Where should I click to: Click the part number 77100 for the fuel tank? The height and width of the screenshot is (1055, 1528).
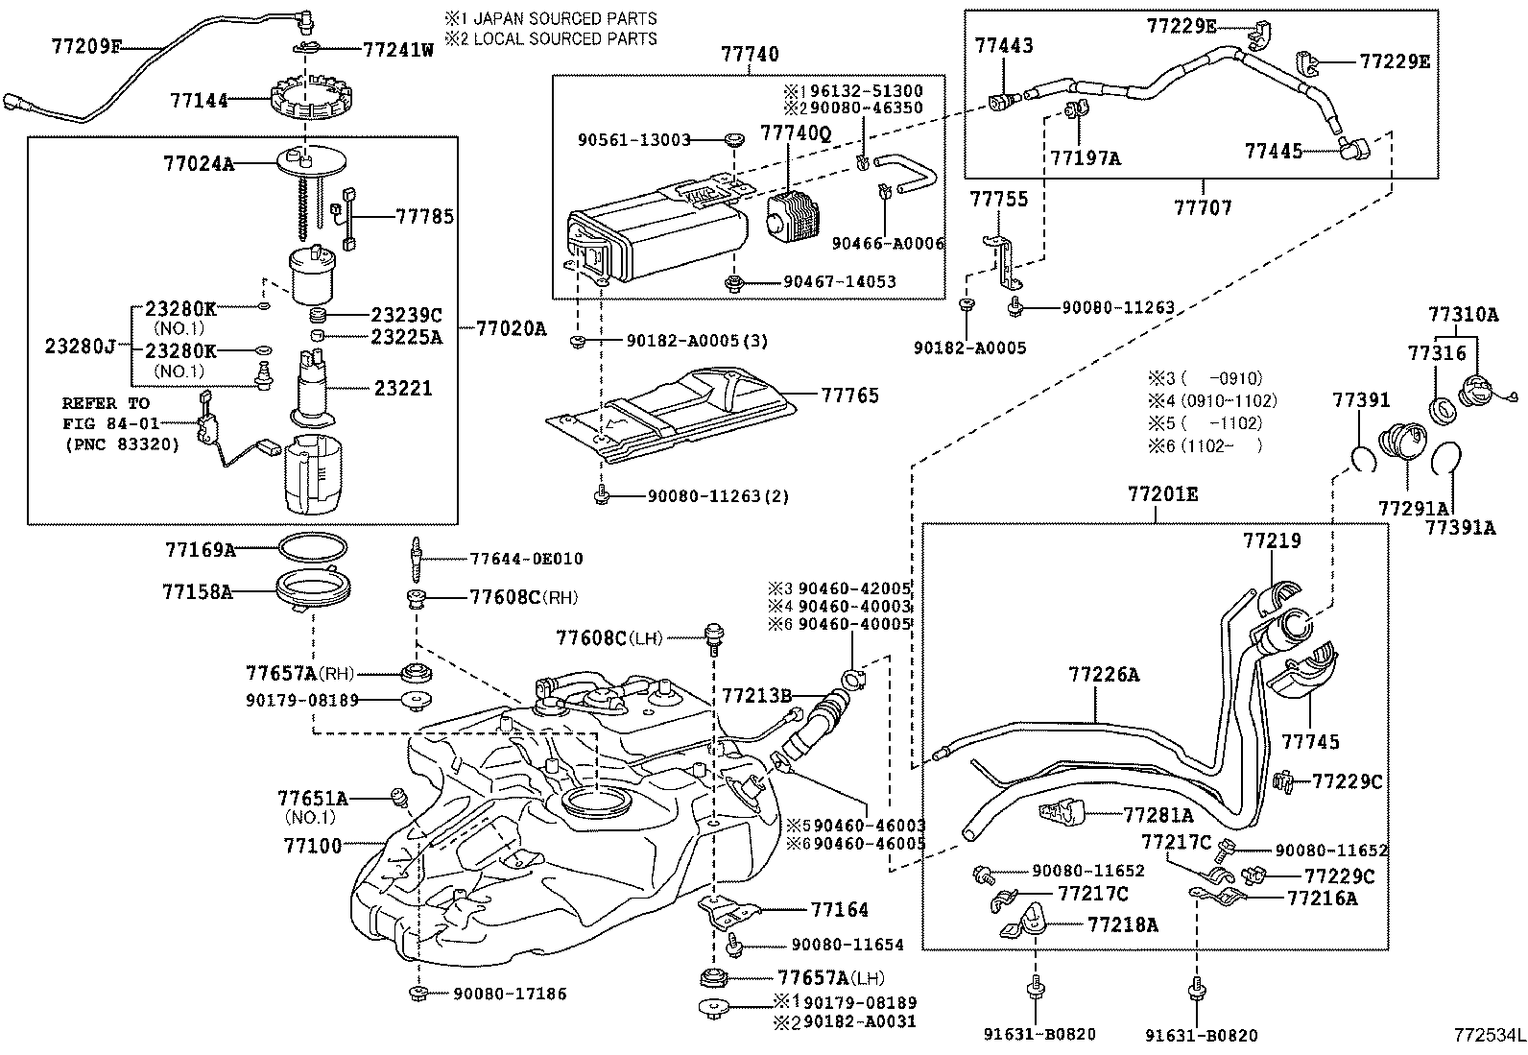point(312,846)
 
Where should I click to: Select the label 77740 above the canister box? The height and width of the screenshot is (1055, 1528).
point(750,56)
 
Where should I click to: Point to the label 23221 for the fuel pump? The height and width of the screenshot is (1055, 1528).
point(403,389)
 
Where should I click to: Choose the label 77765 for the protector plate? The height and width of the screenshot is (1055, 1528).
point(849,396)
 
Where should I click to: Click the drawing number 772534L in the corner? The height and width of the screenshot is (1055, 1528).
point(1487,1037)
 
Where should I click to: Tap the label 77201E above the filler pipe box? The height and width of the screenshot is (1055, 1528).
point(1162,495)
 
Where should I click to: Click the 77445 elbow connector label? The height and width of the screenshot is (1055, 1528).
point(1274,151)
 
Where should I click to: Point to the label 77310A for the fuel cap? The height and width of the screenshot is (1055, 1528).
point(1463,314)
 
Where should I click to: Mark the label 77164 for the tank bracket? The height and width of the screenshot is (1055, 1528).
point(839,909)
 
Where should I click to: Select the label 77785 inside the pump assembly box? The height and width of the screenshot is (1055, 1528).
point(424,217)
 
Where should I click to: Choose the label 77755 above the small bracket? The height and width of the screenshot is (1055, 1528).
point(998,199)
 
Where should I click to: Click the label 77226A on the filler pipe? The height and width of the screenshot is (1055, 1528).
point(1104,675)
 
